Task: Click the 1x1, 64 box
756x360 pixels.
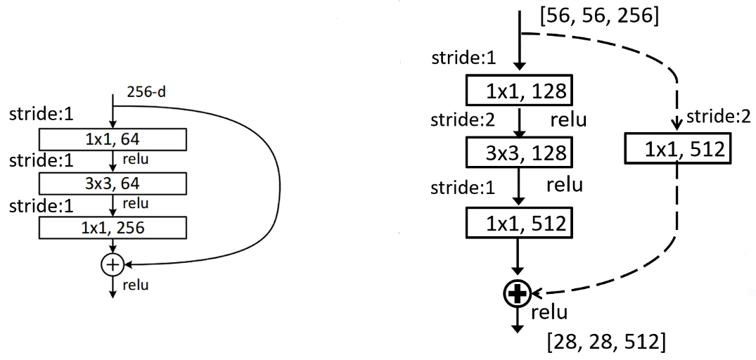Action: pyautogui.click(x=113, y=139)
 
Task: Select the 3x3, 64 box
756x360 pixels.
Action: pyautogui.click(x=113, y=184)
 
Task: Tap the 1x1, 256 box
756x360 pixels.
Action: pyautogui.click(x=113, y=228)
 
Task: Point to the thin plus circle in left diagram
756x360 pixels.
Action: pyautogui.click(x=113, y=264)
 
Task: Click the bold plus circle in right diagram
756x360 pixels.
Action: pyautogui.click(x=518, y=294)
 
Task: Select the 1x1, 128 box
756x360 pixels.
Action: pyautogui.click(x=518, y=90)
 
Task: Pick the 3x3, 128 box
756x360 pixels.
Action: pyautogui.click(x=518, y=151)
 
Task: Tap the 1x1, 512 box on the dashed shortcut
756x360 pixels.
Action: pyautogui.click(x=674, y=149)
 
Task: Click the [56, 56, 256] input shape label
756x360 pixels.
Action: pyautogui.click(x=597, y=16)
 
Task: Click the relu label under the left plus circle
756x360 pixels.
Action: pyautogui.click(x=134, y=285)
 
